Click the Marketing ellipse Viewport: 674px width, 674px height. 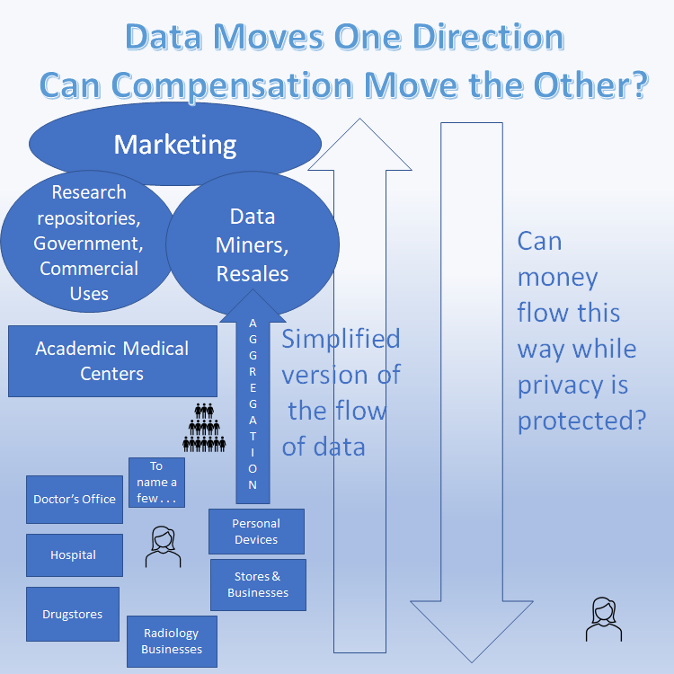tap(175, 144)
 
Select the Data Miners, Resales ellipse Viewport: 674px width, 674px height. tap(253, 244)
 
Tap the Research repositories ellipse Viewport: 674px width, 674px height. tap(88, 243)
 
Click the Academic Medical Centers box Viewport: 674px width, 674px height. tap(112, 360)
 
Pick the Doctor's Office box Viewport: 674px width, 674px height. tap(75, 499)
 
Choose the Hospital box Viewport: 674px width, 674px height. tap(74, 554)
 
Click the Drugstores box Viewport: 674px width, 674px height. tap(73, 614)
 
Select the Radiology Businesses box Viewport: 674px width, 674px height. tap(172, 641)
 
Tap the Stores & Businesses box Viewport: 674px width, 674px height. tap(258, 584)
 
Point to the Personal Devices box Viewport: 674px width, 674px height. tap(256, 531)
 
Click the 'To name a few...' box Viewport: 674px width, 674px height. tap(156, 483)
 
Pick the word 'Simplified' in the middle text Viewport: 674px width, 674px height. tap(341, 339)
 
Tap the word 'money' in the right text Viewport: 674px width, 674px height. tap(557, 277)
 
